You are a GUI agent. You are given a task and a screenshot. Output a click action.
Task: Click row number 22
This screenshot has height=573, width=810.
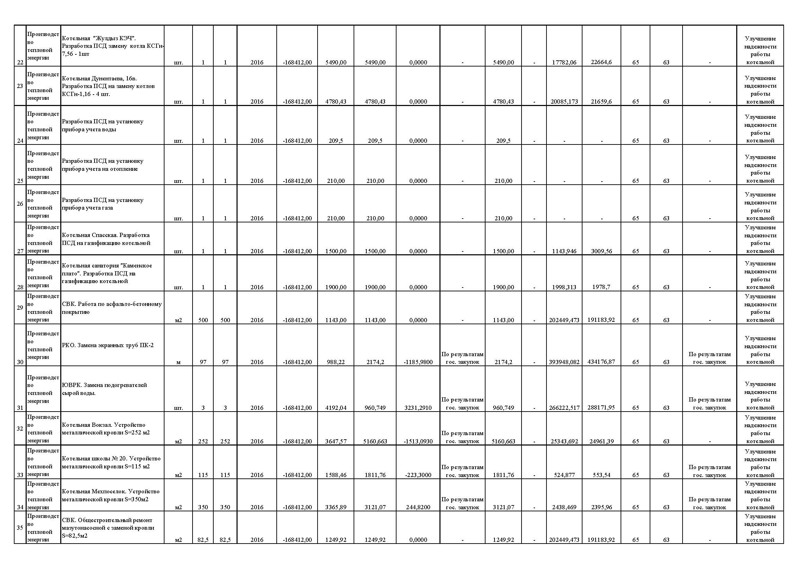[20, 62]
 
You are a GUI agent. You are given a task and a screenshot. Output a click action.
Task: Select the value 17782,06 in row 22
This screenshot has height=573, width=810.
[564, 62]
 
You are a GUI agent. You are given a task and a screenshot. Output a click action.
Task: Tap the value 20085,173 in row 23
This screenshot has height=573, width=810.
[564, 102]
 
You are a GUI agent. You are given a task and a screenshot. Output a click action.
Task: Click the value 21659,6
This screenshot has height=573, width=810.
[601, 101]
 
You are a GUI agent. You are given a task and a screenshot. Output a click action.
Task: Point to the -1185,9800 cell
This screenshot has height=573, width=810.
[418, 362]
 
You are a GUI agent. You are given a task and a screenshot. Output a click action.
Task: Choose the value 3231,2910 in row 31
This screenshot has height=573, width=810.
[418, 408]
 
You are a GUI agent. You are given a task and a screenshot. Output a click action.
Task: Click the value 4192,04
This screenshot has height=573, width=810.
[336, 408]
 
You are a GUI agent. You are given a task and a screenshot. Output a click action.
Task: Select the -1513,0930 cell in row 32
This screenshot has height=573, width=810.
[418, 441]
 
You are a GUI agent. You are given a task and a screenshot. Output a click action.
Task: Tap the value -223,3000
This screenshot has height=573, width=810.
[418, 475]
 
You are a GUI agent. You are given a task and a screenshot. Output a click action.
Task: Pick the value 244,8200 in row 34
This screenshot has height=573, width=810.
[418, 508]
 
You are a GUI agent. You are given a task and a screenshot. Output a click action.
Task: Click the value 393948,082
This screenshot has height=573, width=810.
[564, 362]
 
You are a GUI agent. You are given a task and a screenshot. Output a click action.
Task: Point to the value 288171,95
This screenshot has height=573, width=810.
[601, 407]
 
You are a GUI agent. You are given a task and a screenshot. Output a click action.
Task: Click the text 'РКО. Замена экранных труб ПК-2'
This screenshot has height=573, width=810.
[108, 345]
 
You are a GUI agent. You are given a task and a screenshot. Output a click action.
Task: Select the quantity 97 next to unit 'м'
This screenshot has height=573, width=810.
[203, 362]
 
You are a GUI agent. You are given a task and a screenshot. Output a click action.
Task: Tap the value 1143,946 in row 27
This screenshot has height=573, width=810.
[564, 251]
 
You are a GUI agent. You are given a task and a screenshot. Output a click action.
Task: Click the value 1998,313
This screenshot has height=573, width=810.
[564, 287]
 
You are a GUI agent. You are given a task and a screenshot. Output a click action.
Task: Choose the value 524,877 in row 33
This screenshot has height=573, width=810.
[564, 475]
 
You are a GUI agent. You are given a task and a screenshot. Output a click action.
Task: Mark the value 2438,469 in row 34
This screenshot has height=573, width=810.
[564, 508]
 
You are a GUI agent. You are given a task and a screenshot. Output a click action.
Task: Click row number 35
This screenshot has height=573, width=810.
[20, 528]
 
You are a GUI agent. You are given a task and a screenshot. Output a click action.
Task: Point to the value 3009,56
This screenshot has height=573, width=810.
[601, 251]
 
